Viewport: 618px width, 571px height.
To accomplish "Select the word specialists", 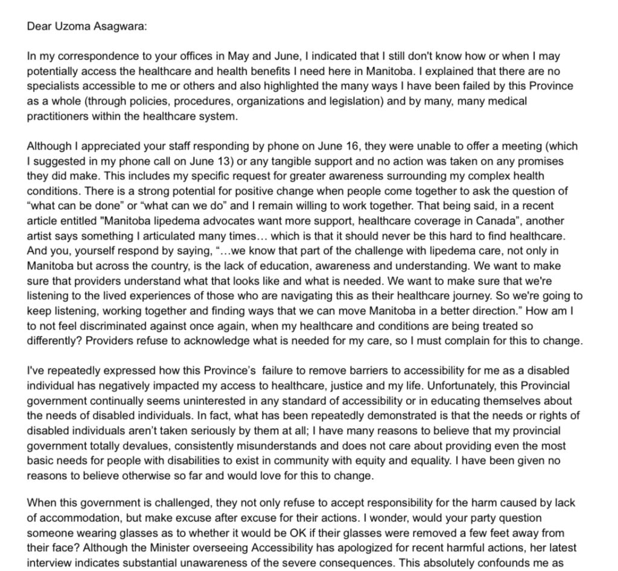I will coord(53,86).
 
